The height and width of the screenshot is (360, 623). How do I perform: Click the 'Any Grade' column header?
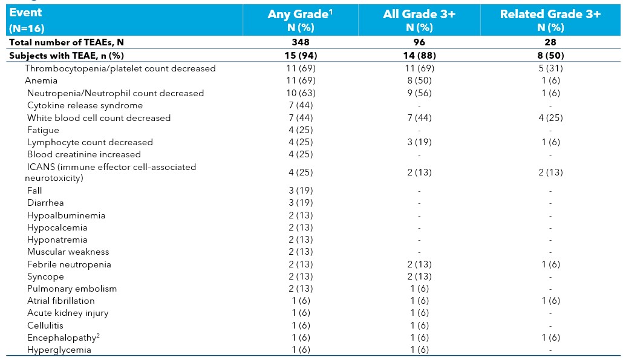[301, 15]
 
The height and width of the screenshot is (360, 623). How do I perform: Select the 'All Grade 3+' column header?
[419, 15]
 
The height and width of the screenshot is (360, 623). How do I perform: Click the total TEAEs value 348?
[301, 42]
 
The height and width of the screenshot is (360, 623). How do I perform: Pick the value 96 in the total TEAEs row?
[419, 42]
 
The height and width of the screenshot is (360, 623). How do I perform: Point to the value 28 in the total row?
[549, 42]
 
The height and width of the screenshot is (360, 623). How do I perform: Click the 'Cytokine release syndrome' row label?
[85, 105]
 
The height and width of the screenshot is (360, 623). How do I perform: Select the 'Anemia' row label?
[41, 80]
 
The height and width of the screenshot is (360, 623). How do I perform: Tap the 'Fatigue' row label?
[43, 130]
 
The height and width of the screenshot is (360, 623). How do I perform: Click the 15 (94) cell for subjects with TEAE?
[301, 56]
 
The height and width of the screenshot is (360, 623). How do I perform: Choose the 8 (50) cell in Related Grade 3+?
[549, 56]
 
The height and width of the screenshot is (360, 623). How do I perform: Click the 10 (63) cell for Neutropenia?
[301, 93]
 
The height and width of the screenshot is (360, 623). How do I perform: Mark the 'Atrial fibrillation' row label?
[60, 301]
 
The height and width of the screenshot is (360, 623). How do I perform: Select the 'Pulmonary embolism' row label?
[71, 289]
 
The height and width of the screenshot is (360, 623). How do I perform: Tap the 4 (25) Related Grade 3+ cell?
[549, 118]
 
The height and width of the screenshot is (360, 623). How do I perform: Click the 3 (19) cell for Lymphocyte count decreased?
[419, 143]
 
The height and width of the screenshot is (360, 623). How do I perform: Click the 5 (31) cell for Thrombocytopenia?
[549, 68]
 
